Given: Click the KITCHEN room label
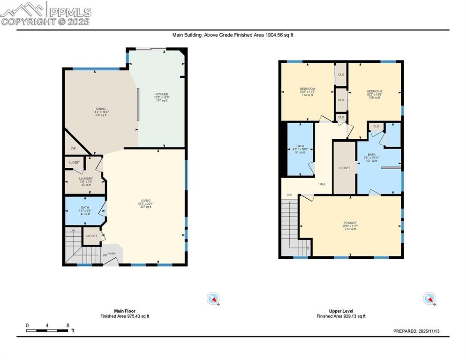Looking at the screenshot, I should coord(162,94).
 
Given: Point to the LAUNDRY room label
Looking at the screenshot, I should coord(86,179).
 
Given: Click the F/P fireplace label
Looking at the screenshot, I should coord(74,149).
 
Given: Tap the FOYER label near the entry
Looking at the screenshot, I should coord(111,254).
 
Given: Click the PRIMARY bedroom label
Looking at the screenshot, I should coord(350,223).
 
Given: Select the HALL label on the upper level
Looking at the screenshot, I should coord(322,184).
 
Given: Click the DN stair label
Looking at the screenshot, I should coord(289,195).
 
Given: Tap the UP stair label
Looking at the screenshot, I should coord(105,255).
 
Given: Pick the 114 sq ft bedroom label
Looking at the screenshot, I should coord(307,89).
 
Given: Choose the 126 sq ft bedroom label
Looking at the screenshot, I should coord(374,91).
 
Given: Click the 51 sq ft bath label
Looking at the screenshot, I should coord(300,146).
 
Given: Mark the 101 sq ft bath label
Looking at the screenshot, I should coord(371,155).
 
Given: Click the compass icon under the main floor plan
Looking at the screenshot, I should coord(213,299).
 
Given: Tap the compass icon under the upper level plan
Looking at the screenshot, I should coord(429,299).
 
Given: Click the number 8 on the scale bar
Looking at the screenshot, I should coord(68,325).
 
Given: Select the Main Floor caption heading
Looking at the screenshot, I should coord(125,311).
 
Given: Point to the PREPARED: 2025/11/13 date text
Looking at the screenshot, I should coord(416,331).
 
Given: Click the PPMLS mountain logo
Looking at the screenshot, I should coord(23,9).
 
